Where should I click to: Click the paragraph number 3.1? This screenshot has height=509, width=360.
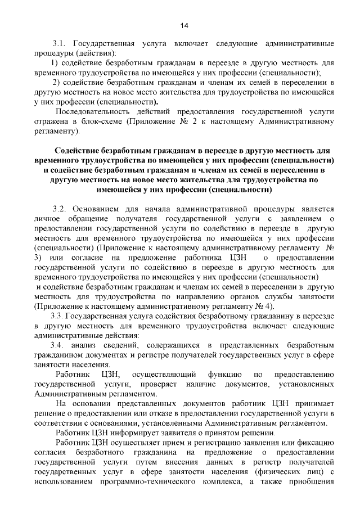click(x=60, y=43)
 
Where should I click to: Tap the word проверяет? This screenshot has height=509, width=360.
click(x=160, y=384)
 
